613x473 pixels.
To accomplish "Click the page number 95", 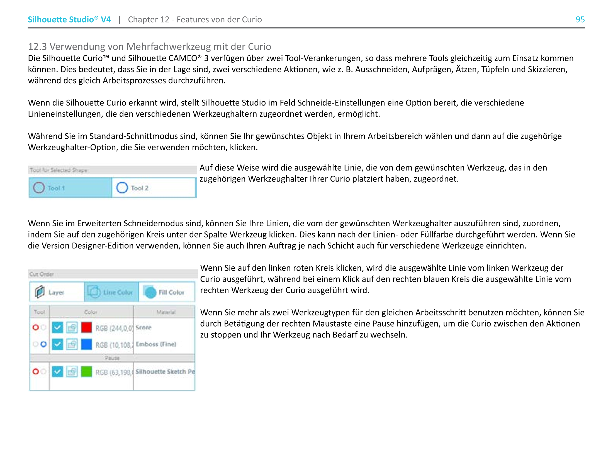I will click(x=580, y=19).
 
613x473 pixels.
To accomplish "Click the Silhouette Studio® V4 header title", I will click(x=69, y=19).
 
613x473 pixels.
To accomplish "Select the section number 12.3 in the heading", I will click(x=37, y=46).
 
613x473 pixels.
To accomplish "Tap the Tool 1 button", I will click(x=70, y=188).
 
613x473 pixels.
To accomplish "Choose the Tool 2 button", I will click(x=154, y=188).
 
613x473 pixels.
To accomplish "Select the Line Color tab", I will click(x=111, y=292).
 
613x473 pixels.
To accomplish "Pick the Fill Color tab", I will click(x=166, y=292).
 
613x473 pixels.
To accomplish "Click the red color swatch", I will click(x=86, y=327).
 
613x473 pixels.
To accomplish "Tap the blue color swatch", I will click(x=86, y=344).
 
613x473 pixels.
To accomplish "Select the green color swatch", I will click(x=86, y=372).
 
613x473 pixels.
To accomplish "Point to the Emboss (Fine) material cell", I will click(x=156, y=344).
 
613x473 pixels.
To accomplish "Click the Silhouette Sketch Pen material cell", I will click(x=165, y=371).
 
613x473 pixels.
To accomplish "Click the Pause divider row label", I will click(x=112, y=358).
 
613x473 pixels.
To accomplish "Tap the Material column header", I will click(x=166, y=312).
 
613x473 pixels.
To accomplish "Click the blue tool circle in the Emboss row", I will click(x=43, y=344).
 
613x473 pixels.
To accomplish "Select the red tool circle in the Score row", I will click(x=36, y=327).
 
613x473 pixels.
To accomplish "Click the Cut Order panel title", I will click(x=42, y=274).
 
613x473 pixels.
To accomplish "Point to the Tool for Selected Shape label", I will click(x=59, y=170).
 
